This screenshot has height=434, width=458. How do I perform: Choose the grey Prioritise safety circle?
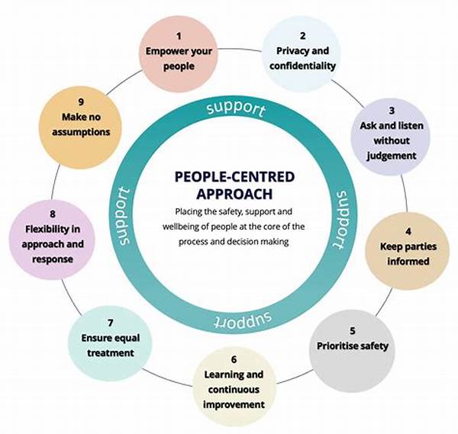coord(353,346)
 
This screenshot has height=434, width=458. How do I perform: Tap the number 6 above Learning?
coord(234,358)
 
